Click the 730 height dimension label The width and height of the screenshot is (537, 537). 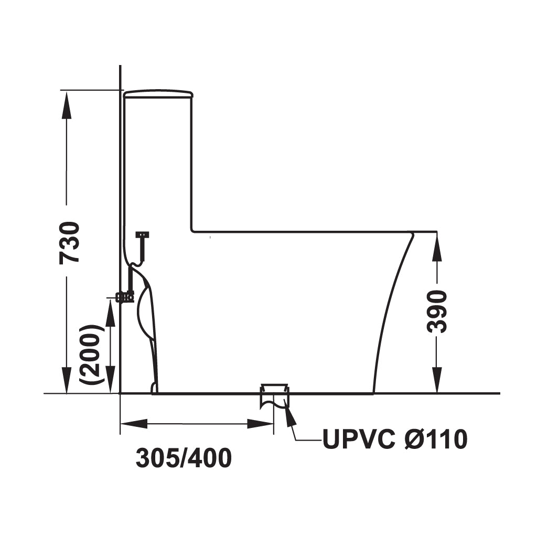pos(69,243)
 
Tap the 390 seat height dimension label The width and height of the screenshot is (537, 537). pos(437,312)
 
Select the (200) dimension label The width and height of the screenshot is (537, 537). pos(90,353)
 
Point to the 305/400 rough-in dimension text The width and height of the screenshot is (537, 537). pos(184,458)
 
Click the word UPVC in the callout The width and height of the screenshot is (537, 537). pos(359,439)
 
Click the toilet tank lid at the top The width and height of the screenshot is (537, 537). pos(158,93)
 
